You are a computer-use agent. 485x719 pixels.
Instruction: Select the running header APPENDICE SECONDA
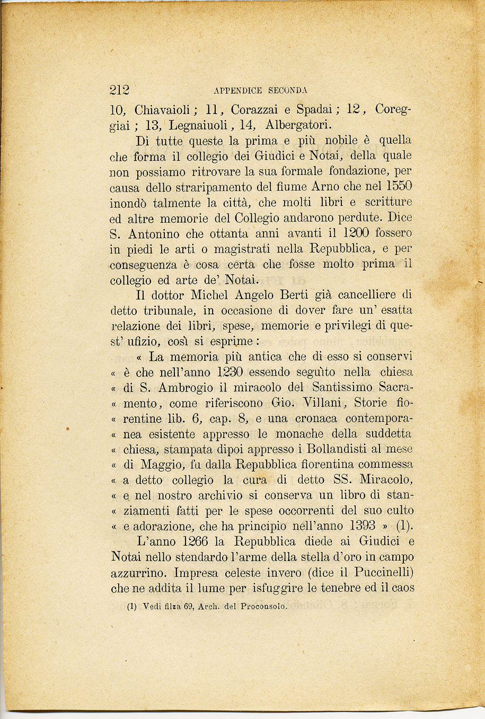click(x=260, y=91)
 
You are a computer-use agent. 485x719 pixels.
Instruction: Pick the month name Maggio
click(x=161, y=465)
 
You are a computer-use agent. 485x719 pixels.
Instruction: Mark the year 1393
click(x=363, y=526)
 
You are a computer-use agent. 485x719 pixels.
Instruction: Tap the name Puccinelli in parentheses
click(x=382, y=573)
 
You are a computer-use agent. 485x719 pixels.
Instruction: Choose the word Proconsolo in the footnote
click(x=263, y=607)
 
